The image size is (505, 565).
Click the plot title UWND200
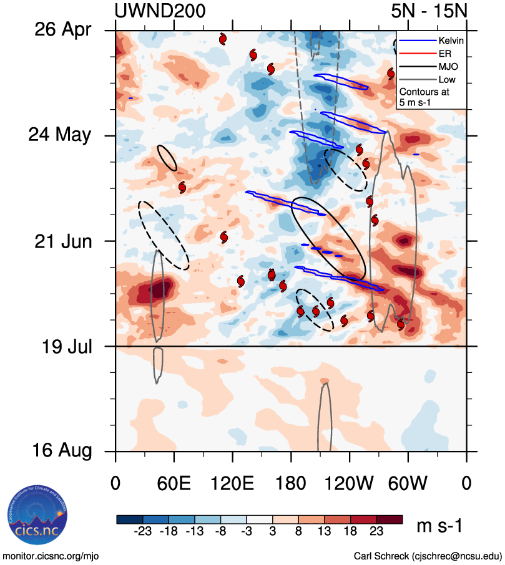(x=160, y=11)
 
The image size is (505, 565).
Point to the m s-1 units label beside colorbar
(x=439, y=526)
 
